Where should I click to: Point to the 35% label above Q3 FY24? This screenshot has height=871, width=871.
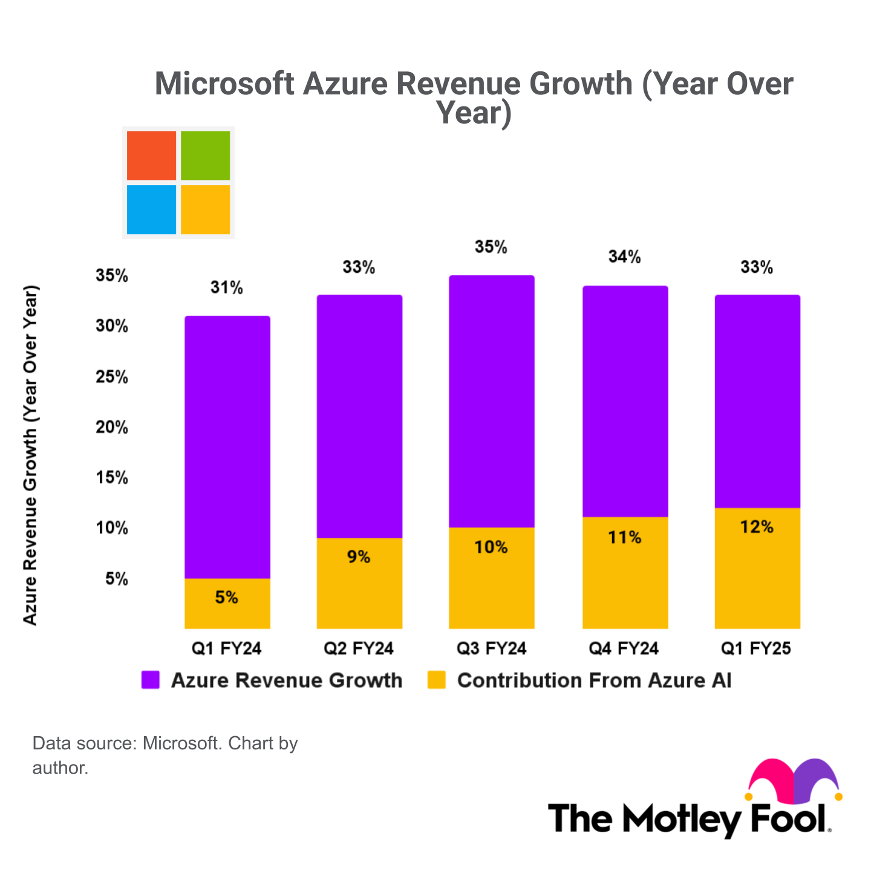491,247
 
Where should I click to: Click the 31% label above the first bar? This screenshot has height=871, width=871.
227,288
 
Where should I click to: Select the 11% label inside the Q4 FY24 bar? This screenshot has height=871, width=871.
625,537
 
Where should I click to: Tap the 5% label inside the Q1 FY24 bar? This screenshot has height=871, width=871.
227,598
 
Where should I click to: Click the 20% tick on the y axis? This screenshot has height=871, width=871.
112,428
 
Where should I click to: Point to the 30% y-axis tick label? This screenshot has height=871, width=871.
112,327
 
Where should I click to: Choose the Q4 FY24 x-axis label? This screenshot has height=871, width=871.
624,649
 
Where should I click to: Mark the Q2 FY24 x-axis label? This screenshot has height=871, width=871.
359,649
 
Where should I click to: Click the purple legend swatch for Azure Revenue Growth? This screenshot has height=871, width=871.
150,680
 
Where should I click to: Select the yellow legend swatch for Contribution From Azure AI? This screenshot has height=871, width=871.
436,680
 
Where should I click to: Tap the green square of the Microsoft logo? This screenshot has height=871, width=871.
206,155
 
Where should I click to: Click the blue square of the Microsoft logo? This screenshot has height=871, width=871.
151,209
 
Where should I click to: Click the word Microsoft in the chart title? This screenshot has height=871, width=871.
224,84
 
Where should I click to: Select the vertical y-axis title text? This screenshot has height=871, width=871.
30,455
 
